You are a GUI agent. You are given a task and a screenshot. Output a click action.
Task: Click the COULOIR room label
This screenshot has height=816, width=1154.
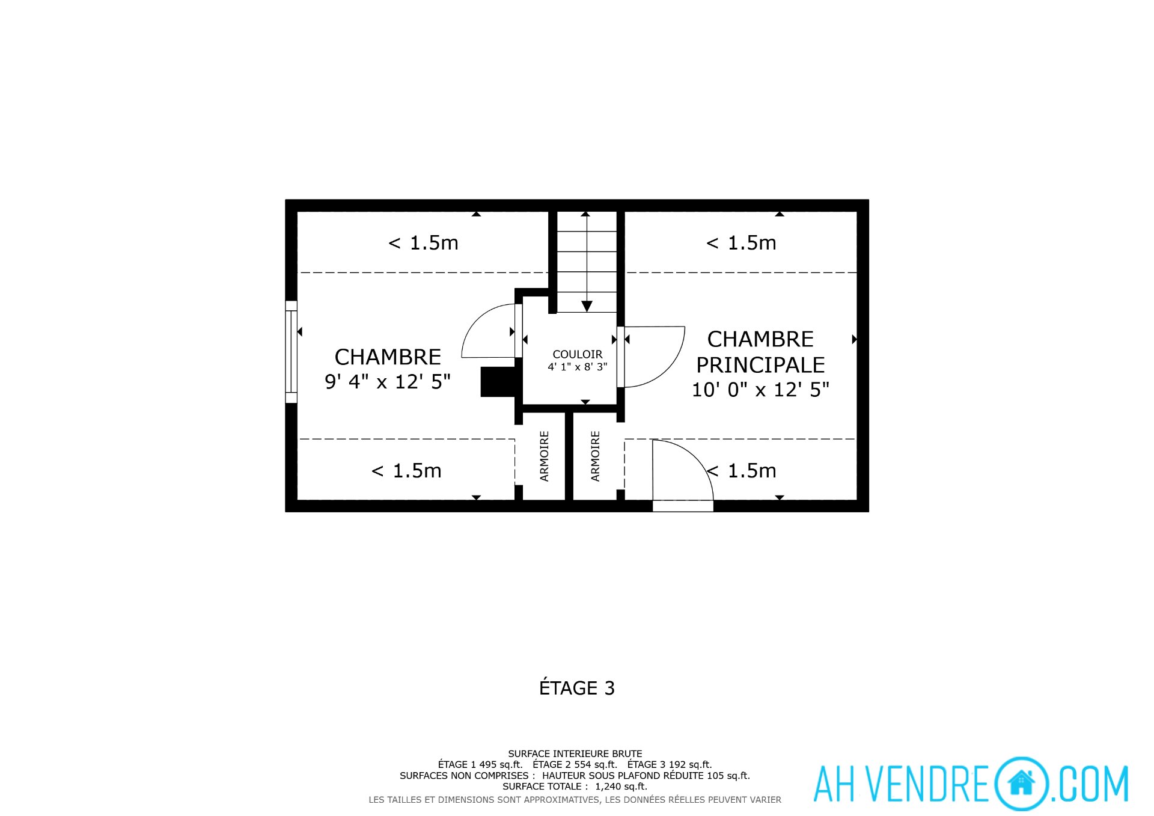pos(577,354)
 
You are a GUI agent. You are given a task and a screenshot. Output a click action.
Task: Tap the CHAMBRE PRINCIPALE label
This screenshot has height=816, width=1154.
pos(760,352)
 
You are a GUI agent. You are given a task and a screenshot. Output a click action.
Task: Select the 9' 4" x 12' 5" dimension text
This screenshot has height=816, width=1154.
pos(388,381)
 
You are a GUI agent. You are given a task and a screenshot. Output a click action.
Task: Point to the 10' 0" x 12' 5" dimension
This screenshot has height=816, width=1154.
pos(760,390)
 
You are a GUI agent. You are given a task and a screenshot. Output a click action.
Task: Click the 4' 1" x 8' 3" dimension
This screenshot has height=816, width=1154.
pos(577,366)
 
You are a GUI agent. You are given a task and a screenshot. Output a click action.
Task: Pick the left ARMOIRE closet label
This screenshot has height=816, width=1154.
pos(545,456)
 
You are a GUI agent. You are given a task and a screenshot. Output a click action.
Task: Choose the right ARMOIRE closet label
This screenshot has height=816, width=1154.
pos(595,456)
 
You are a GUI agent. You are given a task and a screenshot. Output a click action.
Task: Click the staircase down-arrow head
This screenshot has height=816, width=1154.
pos(587,306)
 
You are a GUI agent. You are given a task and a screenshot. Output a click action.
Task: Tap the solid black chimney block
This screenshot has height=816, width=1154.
pos(498,382)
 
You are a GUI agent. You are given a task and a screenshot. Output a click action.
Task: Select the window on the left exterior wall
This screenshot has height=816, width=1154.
pos(291,351)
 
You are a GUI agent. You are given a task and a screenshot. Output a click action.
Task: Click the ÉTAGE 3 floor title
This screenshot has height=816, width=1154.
pos(577,688)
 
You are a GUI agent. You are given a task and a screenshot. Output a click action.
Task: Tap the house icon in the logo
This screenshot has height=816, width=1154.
pos(1021,783)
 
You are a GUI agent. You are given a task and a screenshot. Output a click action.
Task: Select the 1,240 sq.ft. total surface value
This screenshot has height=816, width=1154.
pos(621,787)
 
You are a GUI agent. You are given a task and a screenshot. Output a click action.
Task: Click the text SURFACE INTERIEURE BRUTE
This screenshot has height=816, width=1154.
pos(575,753)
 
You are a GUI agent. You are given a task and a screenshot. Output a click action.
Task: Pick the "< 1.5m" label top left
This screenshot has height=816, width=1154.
pos(423,243)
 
